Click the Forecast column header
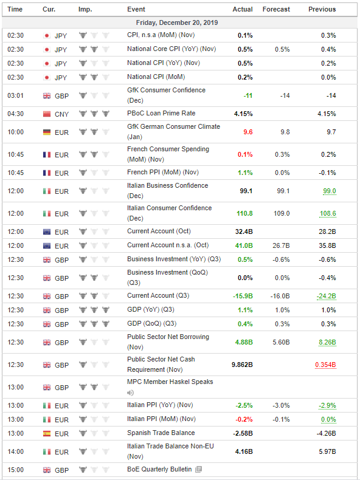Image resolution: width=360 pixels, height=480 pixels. pyautogui.click(x=276, y=9)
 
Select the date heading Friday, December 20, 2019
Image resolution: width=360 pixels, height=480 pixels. pyautogui.click(x=177, y=22)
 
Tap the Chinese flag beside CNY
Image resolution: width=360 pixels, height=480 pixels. pyautogui.click(x=47, y=114)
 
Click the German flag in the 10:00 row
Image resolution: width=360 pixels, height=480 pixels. pyautogui.click(x=47, y=132)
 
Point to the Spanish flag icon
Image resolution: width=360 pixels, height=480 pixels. pyautogui.click(x=47, y=433)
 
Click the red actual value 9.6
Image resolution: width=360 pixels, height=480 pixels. pyautogui.click(x=248, y=132)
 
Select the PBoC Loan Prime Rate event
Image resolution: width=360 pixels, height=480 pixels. pyautogui.click(x=161, y=113)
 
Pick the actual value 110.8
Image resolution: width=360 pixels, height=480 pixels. pyautogui.click(x=244, y=213)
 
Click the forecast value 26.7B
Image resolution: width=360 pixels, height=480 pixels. pyautogui.click(x=281, y=245)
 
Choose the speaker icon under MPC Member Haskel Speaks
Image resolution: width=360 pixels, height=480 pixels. pyautogui.click(x=131, y=393)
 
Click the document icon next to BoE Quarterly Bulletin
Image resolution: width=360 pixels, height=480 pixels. pyautogui.click(x=198, y=469)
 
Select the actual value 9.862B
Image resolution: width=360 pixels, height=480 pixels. pyautogui.click(x=242, y=365)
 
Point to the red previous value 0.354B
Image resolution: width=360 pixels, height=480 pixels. pyautogui.click(x=325, y=365)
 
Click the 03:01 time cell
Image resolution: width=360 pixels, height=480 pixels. pyautogui.click(x=15, y=95)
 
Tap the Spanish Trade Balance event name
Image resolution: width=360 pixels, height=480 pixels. pyautogui.click(x=161, y=433)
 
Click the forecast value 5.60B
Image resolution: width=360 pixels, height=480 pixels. pyautogui.click(x=281, y=342)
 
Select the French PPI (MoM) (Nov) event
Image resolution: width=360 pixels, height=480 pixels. pyautogui.click(x=163, y=173)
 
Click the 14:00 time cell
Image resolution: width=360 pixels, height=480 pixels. pyautogui.click(x=15, y=451)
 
